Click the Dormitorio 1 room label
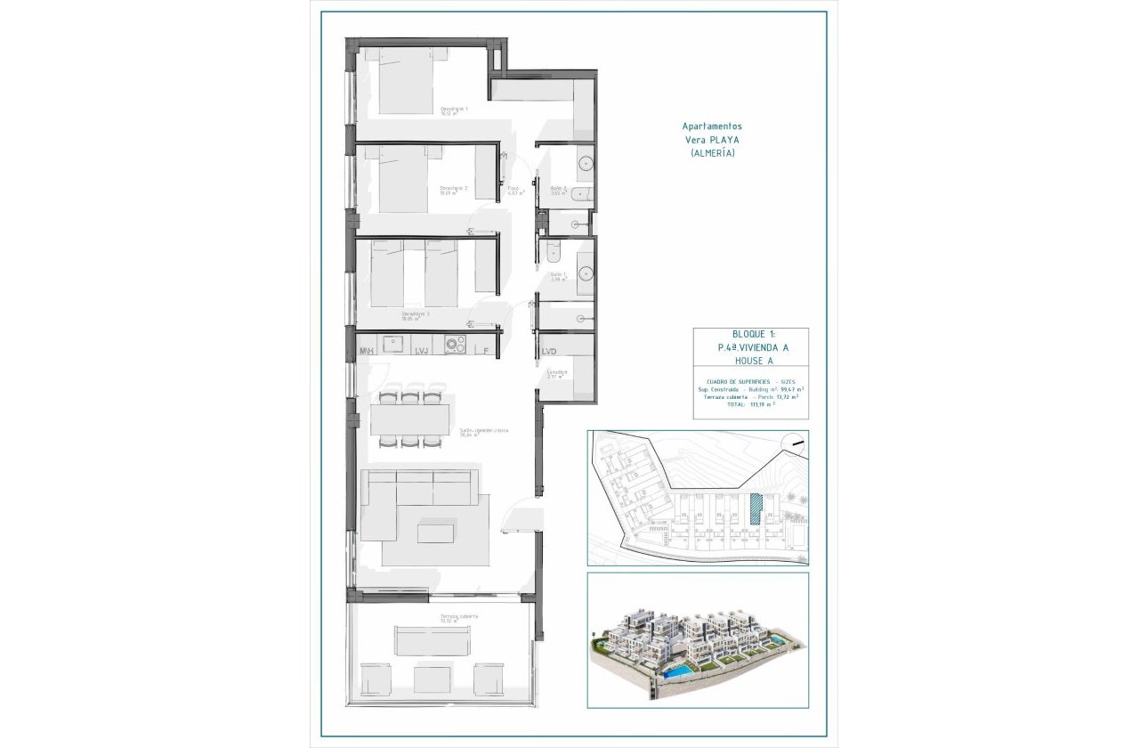click(x=454, y=110)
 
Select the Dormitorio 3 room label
click(x=416, y=315)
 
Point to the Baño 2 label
click(x=559, y=190)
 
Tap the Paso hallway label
click(x=514, y=190)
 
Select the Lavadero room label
click(x=557, y=374)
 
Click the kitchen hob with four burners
click(x=455, y=343)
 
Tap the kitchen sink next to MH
click(x=394, y=343)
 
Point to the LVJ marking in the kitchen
click(x=422, y=352)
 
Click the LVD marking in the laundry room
click(x=549, y=352)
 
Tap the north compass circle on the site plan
click(x=793, y=443)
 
